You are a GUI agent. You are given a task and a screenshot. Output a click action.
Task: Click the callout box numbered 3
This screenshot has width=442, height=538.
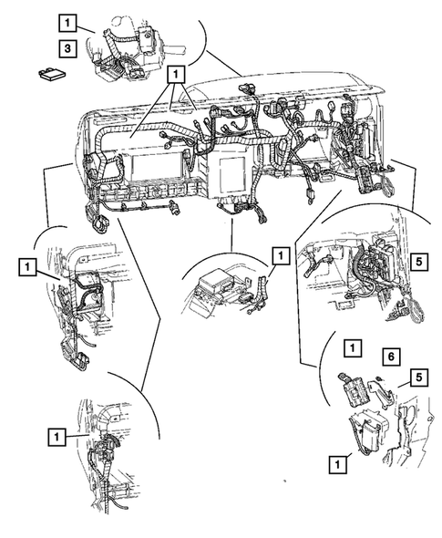(67, 48)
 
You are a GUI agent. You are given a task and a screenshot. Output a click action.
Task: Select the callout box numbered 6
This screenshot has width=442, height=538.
(391, 357)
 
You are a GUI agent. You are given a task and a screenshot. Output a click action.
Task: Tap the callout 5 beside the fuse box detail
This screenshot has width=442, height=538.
(419, 263)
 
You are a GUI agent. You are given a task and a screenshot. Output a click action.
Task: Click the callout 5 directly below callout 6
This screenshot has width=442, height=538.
(419, 378)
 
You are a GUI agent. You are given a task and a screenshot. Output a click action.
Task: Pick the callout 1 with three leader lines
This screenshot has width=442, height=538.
(176, 75)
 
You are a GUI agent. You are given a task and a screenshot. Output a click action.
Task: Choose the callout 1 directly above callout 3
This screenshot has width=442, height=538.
(67, 24)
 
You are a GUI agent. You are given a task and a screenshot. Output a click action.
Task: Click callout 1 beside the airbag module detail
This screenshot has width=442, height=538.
(281, 255)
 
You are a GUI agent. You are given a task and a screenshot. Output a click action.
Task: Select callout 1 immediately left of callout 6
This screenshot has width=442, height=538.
(353, 348)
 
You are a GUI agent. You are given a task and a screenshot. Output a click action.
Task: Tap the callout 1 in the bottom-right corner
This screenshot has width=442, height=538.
(338, 464)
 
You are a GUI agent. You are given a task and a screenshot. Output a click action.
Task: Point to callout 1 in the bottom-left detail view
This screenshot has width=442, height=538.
(57, 437)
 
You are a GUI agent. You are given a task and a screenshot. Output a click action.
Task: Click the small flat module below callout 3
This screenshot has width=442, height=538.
(52, 74)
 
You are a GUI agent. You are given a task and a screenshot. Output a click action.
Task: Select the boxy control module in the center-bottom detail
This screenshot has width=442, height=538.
(216, 285)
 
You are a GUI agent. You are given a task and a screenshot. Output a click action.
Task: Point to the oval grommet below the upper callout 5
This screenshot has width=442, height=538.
(416, 312)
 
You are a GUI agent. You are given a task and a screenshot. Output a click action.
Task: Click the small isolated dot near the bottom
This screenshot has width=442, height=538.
(284, 481)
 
